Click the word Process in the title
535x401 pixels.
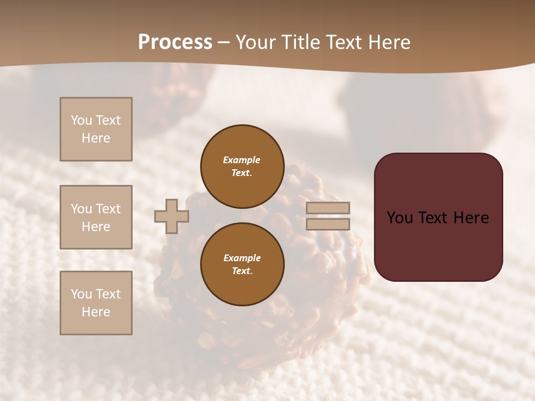point(175,42)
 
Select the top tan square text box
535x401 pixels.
point(96,129)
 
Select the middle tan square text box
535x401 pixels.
point(96,217)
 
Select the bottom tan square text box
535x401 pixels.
point(96,303)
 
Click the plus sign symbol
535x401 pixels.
point(172,217)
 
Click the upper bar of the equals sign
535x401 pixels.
point(328,208)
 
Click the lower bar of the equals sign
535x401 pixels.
point(328,224)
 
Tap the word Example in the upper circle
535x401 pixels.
point(241,160)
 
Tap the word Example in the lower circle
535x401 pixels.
point(242,258)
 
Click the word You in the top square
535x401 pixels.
point(81,120)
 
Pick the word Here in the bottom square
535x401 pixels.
point(96,312)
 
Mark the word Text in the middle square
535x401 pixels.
point(108,209)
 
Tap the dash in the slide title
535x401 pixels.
point(223,43)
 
